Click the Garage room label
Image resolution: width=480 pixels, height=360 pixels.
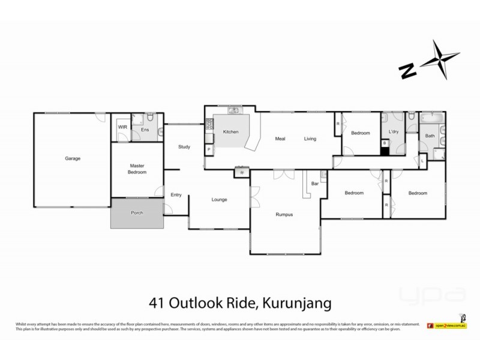point(73,158)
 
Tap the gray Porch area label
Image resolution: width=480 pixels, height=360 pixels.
point(137,212)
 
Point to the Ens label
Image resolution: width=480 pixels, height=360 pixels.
point(145,129)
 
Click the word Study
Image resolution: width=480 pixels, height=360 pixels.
point(184,146)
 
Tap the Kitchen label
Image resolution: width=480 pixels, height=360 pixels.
point(231,132)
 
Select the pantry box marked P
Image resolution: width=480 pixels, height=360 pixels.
point(209,148)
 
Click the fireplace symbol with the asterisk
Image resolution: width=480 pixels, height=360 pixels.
point(242,173)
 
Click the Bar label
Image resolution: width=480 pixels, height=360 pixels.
point(314,184)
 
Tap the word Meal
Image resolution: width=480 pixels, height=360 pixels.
point(280,139)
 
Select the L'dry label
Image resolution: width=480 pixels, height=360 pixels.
point(394,131)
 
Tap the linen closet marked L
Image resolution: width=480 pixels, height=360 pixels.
point(422,161)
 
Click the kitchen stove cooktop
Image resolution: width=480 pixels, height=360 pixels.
point(209,125)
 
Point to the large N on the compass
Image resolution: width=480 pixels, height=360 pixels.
point(408,71)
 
